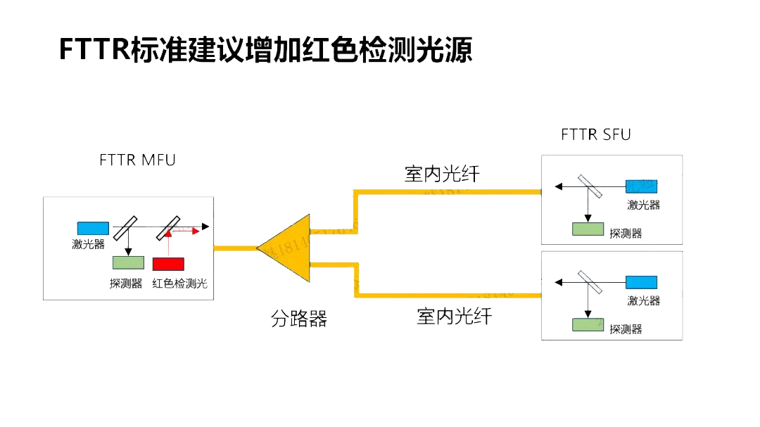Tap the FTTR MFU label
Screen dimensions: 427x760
point(137,160)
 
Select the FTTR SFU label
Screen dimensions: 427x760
point(596,134)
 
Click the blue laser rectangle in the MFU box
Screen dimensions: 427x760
point(93,228)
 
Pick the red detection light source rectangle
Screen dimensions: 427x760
point(168,264)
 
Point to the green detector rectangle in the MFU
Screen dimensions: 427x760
point(127,263)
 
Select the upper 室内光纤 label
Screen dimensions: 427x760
point(442,174)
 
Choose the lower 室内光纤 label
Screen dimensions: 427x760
point(454,317)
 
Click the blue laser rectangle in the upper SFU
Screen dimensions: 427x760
point(641,186)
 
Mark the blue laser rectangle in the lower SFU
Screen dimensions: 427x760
point(641,282)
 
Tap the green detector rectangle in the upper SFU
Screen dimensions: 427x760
point(588,229)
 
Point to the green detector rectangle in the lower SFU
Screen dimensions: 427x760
point(588,324)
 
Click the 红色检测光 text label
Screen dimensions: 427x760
point(180,283)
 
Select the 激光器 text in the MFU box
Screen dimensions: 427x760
point(88,243)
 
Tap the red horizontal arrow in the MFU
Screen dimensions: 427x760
point(186,231)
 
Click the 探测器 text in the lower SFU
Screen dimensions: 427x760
point(626,329)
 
